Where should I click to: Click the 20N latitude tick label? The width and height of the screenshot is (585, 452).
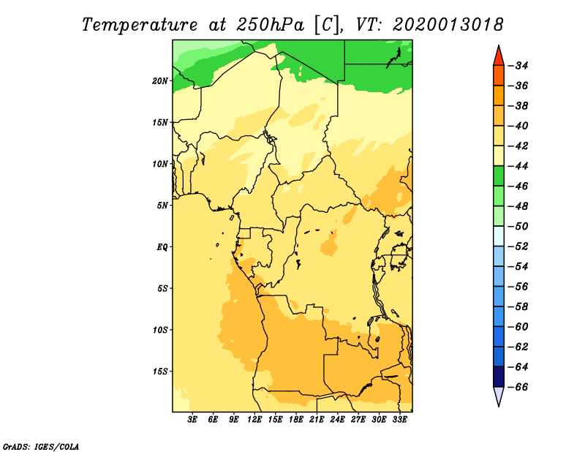click(159, 81)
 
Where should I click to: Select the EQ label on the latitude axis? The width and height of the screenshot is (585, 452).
click(162, 247)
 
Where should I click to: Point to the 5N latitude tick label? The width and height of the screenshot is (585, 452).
click(162, 206)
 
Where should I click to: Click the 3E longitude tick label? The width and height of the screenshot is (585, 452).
click(192, 420)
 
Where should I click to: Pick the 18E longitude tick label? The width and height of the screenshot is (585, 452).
click(296, 420)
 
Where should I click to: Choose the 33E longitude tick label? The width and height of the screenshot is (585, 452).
click(399, 420)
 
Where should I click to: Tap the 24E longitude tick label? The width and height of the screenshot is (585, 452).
click(337, 420)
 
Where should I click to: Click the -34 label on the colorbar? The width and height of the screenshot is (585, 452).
click(518, 66)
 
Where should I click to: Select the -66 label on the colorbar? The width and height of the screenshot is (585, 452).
click(518, 387)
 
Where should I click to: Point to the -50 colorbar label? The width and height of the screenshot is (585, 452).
click(518, 227)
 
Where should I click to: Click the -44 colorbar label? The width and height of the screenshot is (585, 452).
click(518, 166)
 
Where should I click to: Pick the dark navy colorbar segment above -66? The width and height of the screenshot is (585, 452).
click(499, 377)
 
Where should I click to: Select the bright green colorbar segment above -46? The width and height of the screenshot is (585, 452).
click(499, 176)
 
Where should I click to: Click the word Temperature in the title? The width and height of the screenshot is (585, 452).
click(140, 25)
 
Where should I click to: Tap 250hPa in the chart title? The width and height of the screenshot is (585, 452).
click(270, 25)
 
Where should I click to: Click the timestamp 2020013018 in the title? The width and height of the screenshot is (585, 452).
click(448, 25)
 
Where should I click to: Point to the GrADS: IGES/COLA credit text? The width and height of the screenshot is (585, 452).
click(41, 446)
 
